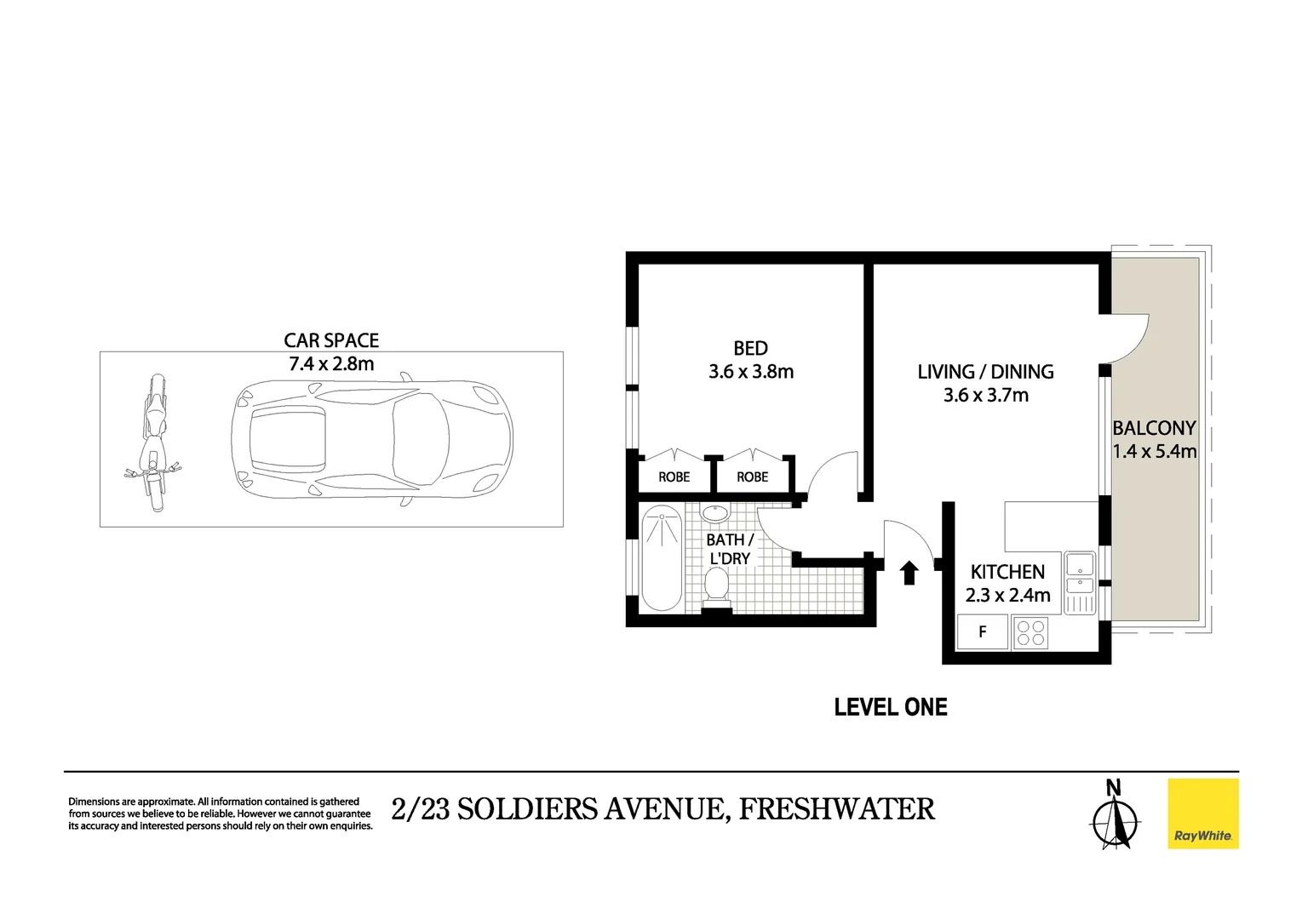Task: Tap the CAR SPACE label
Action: tap(331, 340)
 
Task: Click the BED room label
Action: tap(750, 348)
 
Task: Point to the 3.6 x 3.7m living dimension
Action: tap(985, 395)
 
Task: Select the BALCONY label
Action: tap(1154, 428)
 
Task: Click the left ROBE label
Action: tap(674, 477)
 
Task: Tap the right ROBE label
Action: tap(752, 477)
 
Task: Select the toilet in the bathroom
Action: tap(716, 587)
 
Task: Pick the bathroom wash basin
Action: tap(714, 514)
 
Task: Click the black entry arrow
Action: tap(909, 573)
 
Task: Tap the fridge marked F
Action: tap(983, 632)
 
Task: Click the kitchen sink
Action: tap(1080, 573)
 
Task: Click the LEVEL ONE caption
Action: tap(890, 707)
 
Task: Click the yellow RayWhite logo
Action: tap(1202, 813)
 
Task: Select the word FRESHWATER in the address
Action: tap(836, 808)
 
